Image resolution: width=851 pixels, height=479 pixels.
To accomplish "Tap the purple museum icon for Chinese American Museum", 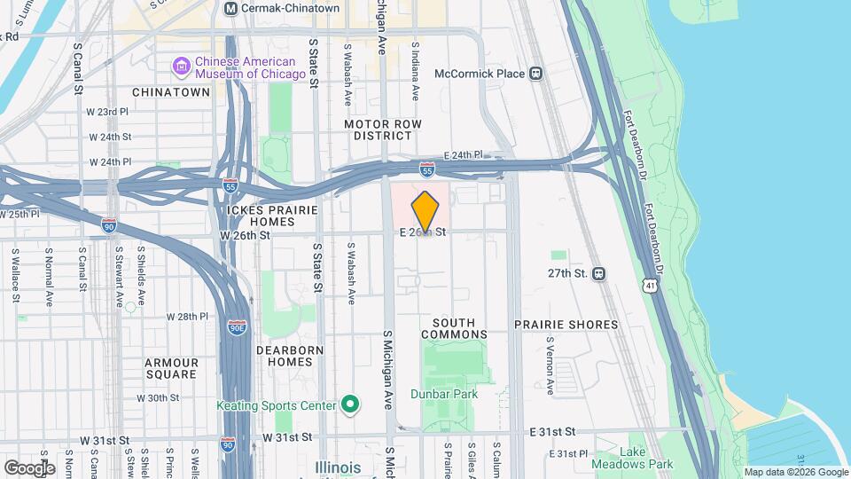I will point(182,66).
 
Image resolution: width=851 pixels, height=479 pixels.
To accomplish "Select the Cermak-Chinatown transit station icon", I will point(231,8).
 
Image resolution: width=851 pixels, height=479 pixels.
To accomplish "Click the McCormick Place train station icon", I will point(536,74).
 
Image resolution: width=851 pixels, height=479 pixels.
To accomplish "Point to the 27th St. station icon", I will point(599,274).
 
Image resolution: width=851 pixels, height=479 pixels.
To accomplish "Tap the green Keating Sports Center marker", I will point(350,405).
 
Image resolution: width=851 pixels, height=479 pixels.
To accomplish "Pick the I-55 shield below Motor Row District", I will point(426,168).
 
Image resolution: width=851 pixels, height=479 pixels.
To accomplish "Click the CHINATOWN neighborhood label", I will point(170,92).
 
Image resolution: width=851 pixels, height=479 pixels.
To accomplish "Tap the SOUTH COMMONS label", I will point(454,328).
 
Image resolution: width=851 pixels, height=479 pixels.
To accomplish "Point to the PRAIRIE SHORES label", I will point(566,325).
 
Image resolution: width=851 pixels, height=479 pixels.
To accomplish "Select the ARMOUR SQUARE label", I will point(171,369).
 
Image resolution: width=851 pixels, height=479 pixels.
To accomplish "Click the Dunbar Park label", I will point(444,394).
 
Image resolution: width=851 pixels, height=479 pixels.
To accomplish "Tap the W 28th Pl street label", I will point(187,317).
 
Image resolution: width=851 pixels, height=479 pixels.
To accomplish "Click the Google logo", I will point(28,467).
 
